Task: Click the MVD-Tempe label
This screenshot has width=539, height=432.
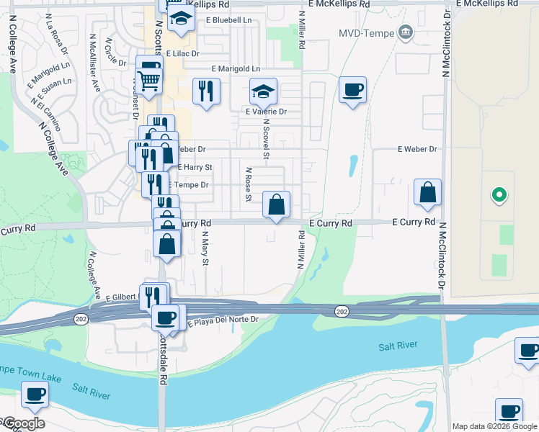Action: tap(365, 33)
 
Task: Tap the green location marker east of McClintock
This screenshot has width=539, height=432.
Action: tap(498, 195)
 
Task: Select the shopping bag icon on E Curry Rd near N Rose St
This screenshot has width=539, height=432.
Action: tap(276, 206)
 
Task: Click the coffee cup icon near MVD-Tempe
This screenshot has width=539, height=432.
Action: tap(352, 91)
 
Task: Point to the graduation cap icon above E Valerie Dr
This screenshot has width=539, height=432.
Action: tap(264, 92)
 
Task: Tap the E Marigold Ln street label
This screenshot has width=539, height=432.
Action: tap(234, 68)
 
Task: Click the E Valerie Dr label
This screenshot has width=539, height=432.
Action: tap(266, 112)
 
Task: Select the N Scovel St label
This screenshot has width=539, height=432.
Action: tap(266, 140)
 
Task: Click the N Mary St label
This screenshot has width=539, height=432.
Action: tap(205, 248)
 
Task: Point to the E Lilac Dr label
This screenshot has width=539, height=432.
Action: tap(183, 53)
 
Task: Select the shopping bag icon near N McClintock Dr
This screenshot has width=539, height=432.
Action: tap(428, 193)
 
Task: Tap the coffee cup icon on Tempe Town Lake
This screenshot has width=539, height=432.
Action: tap(35, 395)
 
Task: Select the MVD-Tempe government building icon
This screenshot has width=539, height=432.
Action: tap(405, 32)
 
